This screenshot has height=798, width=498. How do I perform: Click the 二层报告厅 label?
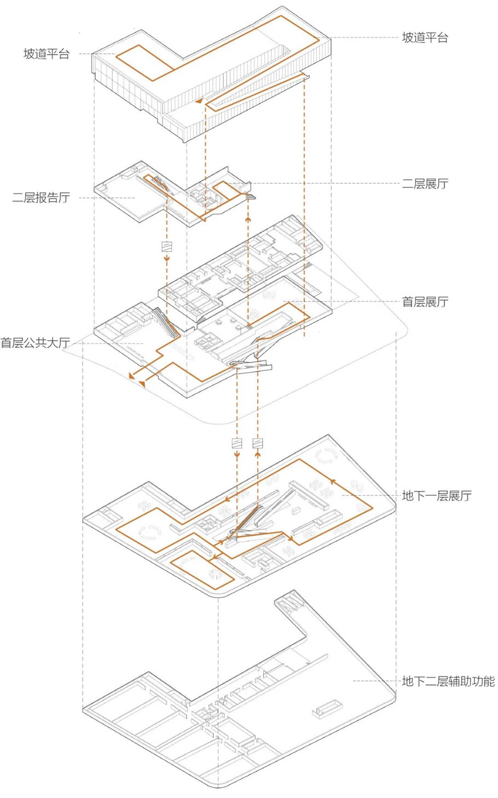point(41,198)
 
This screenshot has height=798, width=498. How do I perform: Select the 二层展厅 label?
point(425,183)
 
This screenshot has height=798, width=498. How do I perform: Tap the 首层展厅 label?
point(425,301)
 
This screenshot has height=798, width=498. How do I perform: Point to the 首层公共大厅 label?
point(35,343)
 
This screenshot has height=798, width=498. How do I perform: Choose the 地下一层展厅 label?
point(436,496)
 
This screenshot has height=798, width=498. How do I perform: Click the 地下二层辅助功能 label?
point(448,681)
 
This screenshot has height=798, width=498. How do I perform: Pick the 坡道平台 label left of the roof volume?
point(47,54)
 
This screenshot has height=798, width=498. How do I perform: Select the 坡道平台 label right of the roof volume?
point(425,37)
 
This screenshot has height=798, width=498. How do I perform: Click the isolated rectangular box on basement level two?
point(327,707)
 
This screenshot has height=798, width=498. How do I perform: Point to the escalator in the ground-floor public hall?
point(165,323)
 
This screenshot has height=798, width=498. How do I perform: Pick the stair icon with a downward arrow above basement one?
point(237,444)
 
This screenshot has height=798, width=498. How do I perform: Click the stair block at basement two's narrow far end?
point(289,604)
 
